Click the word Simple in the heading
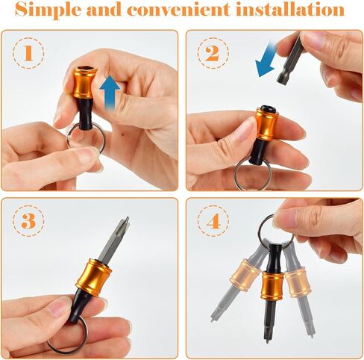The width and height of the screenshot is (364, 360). [48, 10]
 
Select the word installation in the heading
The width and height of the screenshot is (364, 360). [290, 9]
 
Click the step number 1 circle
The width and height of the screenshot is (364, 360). [28, 53]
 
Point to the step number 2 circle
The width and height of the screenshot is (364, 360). [213, 53]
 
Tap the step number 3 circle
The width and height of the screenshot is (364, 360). [28, 221]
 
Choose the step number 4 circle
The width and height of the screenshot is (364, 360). [213, 221]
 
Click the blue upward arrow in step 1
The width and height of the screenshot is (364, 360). [110, 92]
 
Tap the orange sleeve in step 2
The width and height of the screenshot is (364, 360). [266, 124]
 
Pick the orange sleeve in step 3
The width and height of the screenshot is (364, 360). [93, 278]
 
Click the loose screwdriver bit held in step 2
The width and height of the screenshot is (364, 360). [289, 58]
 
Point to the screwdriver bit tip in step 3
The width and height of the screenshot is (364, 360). [127, 219]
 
